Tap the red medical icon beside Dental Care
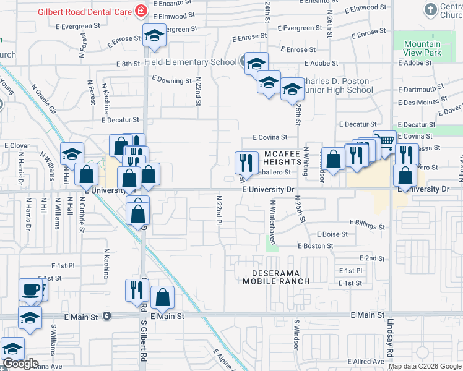[x=141, y=12]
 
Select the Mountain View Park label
[x=422, y=49]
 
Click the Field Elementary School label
[x=190, y=62]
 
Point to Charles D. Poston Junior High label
[x=338, y=85]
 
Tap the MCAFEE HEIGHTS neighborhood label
[x=285, y=157]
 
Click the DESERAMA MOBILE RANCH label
[x=275, y=276]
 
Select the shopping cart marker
[x=384, y=142]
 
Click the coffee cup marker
[x=30, y=289]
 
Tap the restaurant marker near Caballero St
[x=246, y=163]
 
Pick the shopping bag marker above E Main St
[x=162, y=298]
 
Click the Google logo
[x=20, y=364]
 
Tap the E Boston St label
[x=315, y=245]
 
